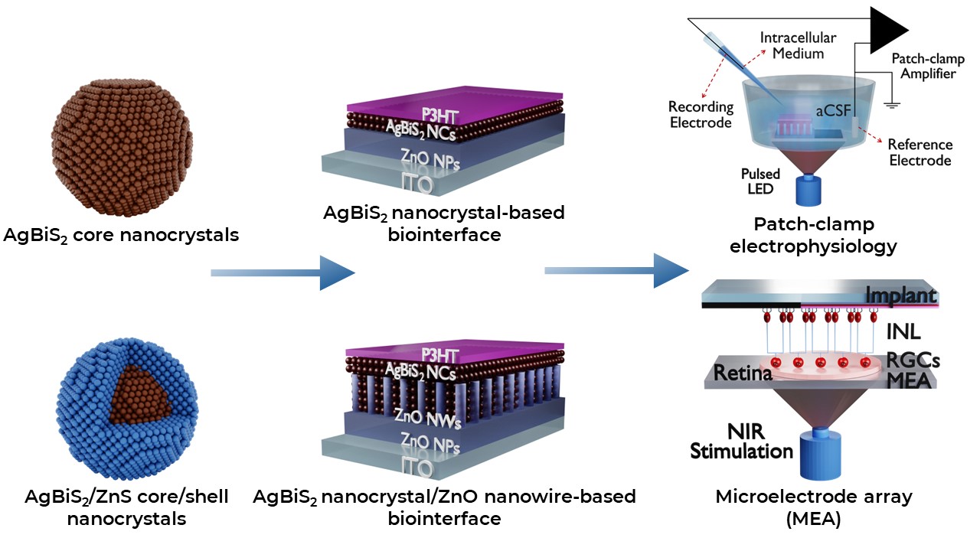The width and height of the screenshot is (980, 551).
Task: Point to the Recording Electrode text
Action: [701, 115]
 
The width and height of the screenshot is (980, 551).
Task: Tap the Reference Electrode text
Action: [920, 152]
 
